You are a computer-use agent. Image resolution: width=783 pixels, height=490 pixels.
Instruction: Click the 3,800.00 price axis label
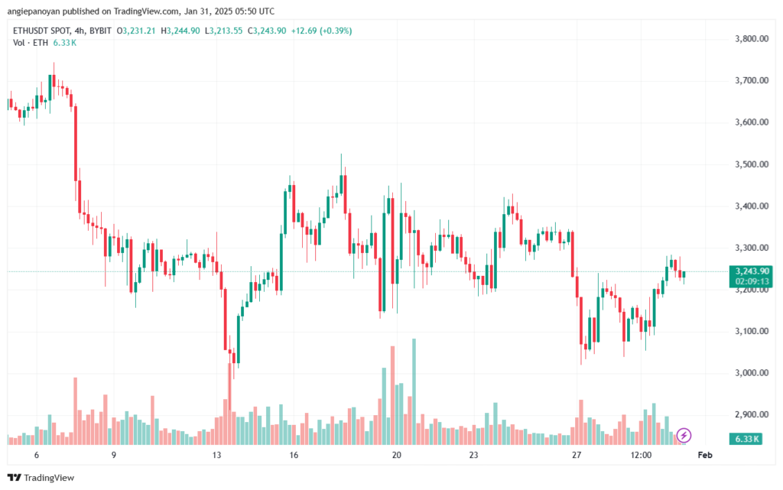point(752,39)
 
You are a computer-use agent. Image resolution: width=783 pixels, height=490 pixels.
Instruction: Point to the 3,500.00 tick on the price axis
point(752,164)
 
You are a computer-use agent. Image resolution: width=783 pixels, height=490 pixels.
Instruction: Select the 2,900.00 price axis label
point(752,414)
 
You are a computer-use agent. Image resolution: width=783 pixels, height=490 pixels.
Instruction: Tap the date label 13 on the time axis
point(216,455)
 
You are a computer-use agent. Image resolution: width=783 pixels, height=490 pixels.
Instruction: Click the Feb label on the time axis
point(704,455)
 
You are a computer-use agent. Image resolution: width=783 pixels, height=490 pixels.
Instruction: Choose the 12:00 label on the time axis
point(641,455)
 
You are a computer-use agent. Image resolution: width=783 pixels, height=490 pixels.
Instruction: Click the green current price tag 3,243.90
point(751,271)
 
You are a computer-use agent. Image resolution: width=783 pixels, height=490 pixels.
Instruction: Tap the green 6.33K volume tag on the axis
point(746,439)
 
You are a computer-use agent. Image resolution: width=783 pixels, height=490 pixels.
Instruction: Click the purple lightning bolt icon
point(684,435)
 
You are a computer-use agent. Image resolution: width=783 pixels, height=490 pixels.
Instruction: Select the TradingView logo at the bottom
point(41,478)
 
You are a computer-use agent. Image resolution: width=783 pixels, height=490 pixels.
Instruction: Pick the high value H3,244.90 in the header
point(180,31)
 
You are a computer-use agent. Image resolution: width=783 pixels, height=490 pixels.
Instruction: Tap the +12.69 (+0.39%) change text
point(322,31)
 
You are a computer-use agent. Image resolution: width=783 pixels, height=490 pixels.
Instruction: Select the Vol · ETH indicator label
point(31,43)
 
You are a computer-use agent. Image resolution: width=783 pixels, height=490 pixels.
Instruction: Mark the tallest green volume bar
point(414,391)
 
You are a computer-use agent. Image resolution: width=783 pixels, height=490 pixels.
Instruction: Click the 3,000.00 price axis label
point(752,373)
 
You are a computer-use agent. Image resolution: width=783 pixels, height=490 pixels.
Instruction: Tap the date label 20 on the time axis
point(397,455)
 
